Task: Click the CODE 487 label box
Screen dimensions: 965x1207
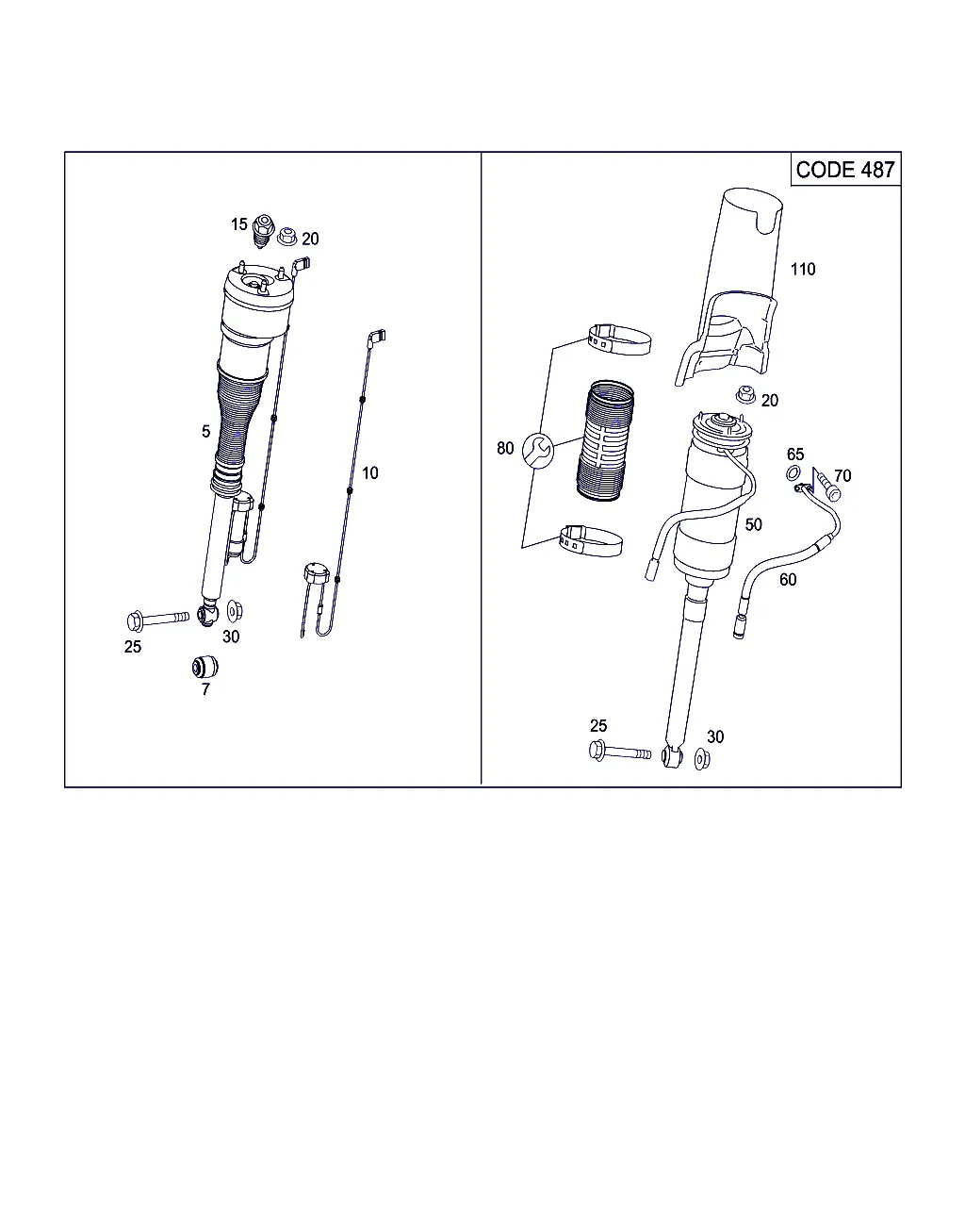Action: pyautogui.click(x=845, y=169)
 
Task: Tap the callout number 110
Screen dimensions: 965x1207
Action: pyautogui.click(x=802, y=270)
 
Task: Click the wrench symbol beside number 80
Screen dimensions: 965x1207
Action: pyautogui.click(x=538, y=451)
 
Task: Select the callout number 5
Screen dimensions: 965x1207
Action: pyautogui.click(x=205, y=431)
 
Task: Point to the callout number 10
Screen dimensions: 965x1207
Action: pyautogui.click(x=369, y=472)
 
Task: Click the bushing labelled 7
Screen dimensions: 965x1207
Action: pyautogui.click(x=204, y=667)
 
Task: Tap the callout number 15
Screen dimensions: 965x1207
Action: pyautogui.click(x=238, y=224)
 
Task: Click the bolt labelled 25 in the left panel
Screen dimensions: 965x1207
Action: pyautogui.click(x=157, y=620)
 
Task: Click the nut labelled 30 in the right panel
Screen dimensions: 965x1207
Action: pyautogui.click(x=702, y=759)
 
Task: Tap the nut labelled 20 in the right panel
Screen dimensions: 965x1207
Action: pyautogui.click(x=745, y=395)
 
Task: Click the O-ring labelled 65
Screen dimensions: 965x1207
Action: pyautogui.click(x=793, y=472)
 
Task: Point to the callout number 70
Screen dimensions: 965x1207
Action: pyautogui.click(x=842, y=475)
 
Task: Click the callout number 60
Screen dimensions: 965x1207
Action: pyautogui.click(x=788, y=579)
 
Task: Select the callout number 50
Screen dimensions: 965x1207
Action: pyautogui.click(x=753, y=524)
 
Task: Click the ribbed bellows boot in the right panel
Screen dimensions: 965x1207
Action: pyautogui.click(x=605, y=441)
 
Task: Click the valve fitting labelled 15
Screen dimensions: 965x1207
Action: pyautogui.click(x=263, y=230)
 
